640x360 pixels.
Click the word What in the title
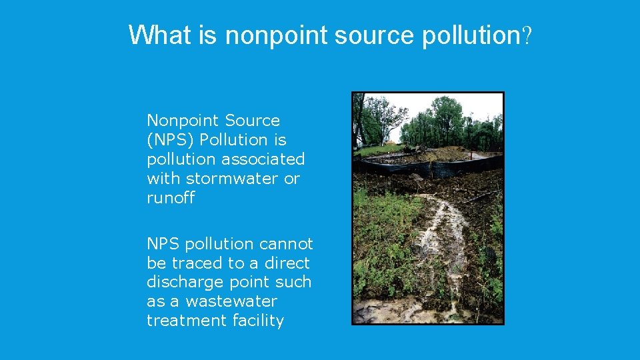coord(160,35)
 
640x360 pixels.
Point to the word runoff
coord(171,198)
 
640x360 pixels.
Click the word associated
coord(262,159)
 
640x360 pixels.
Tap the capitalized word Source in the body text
coord(252,121)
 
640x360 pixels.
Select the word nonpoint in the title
coord(276,35)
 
